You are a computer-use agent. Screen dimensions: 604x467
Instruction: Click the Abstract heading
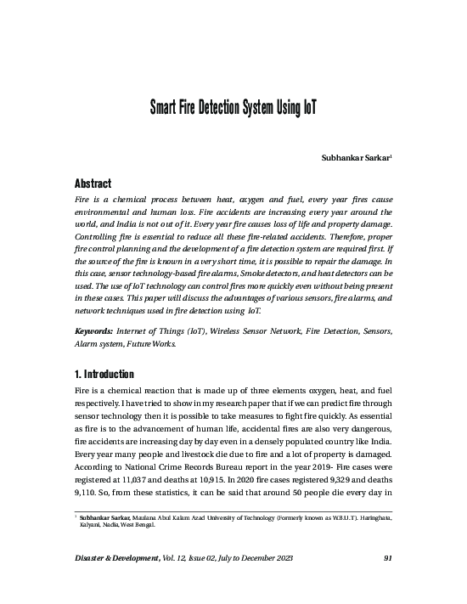coord(89,183)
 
